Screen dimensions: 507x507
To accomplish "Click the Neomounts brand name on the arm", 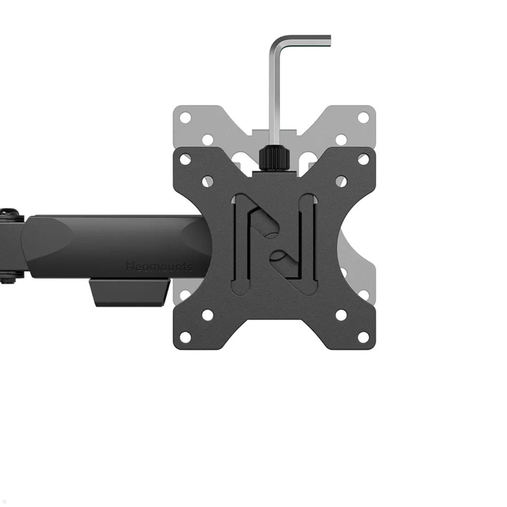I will (x=160, y=267).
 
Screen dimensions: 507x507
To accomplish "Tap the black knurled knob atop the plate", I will (x=274, y=158).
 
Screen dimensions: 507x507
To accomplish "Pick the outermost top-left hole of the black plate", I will (x=185, y=159).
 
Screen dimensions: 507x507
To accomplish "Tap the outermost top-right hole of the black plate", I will (x=363, y=159).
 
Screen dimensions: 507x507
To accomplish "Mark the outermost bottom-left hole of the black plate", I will (x=185, y=337).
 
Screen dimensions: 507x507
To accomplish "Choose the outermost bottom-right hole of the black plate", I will (x=363, y=337).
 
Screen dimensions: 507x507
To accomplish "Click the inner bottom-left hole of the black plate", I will (x=207, y=315).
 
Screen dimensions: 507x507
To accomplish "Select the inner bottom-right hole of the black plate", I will (x=341, y=315).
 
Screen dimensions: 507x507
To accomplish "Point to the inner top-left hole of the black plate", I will (x=207, y=182).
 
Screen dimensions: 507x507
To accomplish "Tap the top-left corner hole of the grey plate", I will (x=185, y=117).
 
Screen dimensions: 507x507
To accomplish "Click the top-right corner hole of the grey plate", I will (x=363, y=117).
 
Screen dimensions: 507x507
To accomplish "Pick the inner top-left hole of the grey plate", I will (x=207, y=140).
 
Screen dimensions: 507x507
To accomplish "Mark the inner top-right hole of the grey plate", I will (x=341, y=140).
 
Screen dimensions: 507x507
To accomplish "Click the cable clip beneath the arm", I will (x=130, y=292).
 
